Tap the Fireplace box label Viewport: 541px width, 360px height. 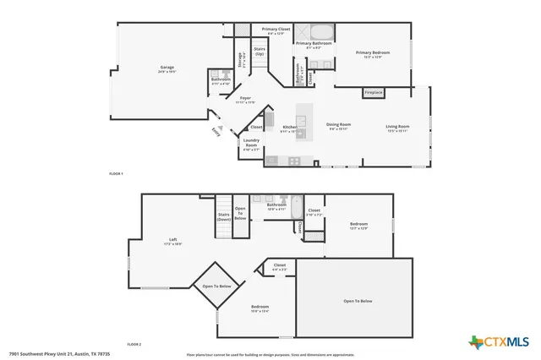pyautogui.click(x=373, y=91)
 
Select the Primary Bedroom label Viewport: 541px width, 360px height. pyautogui.click(x=373, y=55)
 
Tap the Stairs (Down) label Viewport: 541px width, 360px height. pyautogui.click(x=224, y=217)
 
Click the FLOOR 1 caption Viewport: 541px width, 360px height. pyautogui.click(x=117, y=173)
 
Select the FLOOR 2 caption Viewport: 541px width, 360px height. pyautogui.click(x=134, y=345)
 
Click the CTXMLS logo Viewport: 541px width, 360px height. pyautogui.click(x=498, y=341)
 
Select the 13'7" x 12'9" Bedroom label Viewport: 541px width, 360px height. pyautogui.click(x=358, y=226)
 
